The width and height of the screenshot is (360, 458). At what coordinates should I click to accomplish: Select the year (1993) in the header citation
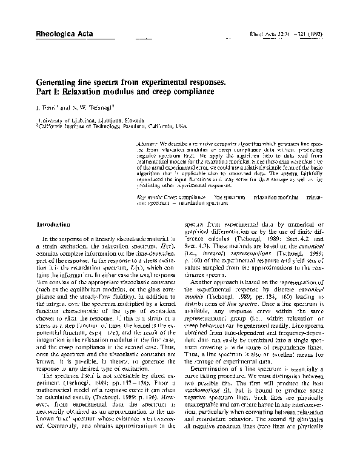pos(316,36)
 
